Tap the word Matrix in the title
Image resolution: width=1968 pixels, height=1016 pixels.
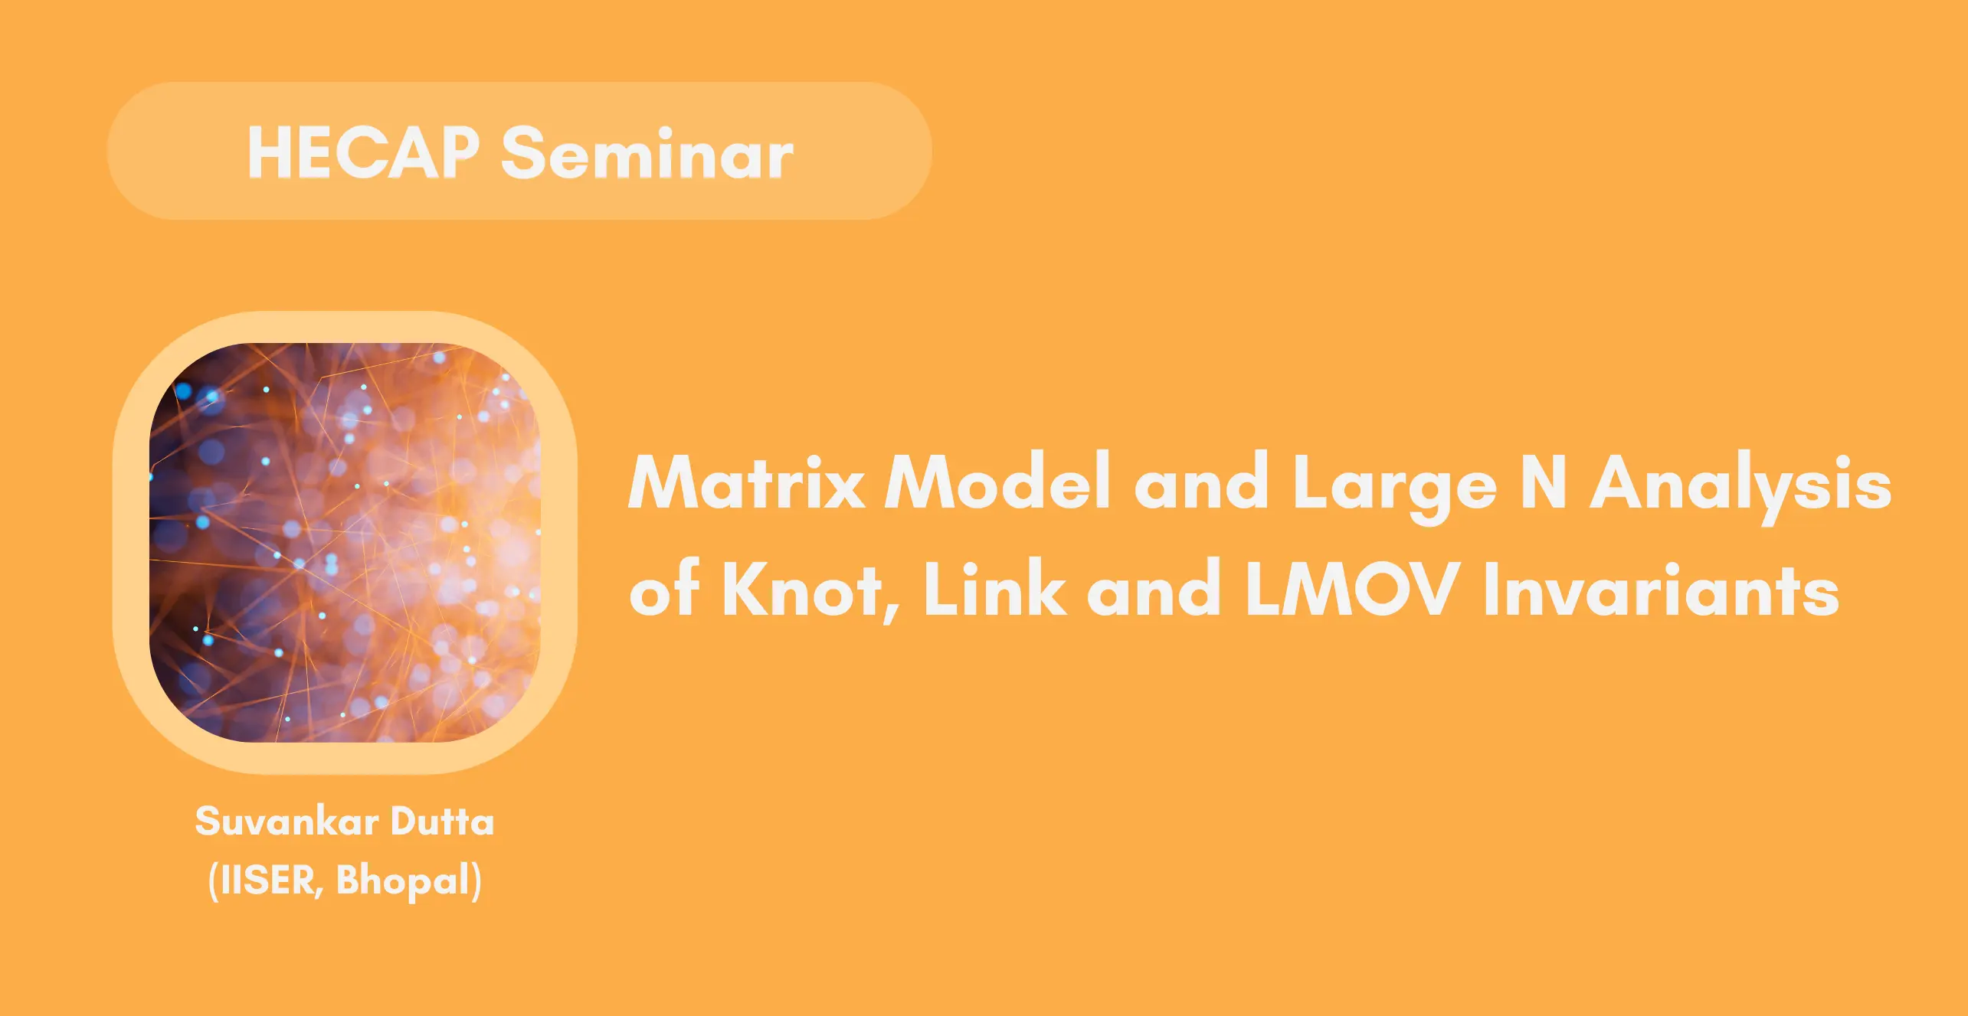point(747,481)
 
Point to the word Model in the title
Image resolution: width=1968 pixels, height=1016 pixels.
point(997,481)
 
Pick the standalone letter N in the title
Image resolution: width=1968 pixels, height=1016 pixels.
point(1543,482)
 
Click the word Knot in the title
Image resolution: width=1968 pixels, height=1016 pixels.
point(801,588)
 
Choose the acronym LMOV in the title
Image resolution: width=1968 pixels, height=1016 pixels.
point(1351,588)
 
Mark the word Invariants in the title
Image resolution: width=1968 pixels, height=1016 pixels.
point(1661,588)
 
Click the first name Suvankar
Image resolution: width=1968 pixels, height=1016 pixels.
point(287,822)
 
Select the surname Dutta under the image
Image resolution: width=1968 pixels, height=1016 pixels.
point(443,821)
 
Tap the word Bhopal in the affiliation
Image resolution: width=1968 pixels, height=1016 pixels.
point(403,881)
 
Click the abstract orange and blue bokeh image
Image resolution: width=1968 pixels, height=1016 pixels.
point(345,542)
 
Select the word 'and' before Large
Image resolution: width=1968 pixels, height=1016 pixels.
point(1201,481)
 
